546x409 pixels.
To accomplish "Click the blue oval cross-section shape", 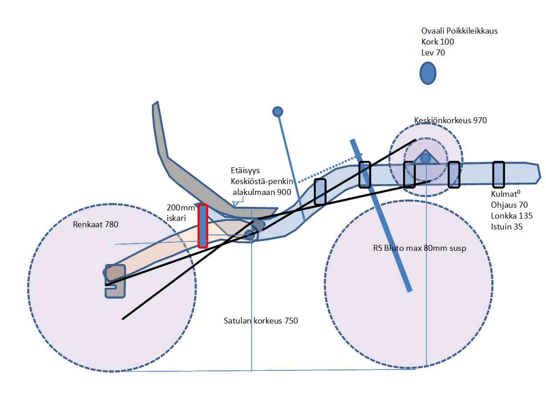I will point(428,73).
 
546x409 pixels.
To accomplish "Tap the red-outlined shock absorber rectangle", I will point(202,226).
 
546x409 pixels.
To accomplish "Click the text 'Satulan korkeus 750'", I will point(261,321).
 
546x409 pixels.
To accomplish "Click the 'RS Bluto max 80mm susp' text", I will point(419,249).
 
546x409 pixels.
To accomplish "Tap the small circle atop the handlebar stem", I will point(278,111).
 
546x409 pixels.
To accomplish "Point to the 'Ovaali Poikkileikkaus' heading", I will point(459,31).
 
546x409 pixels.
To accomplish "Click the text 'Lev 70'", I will point(433,53).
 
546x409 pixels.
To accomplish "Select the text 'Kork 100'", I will point(437,42).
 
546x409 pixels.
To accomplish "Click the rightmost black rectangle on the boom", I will point(499,174).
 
